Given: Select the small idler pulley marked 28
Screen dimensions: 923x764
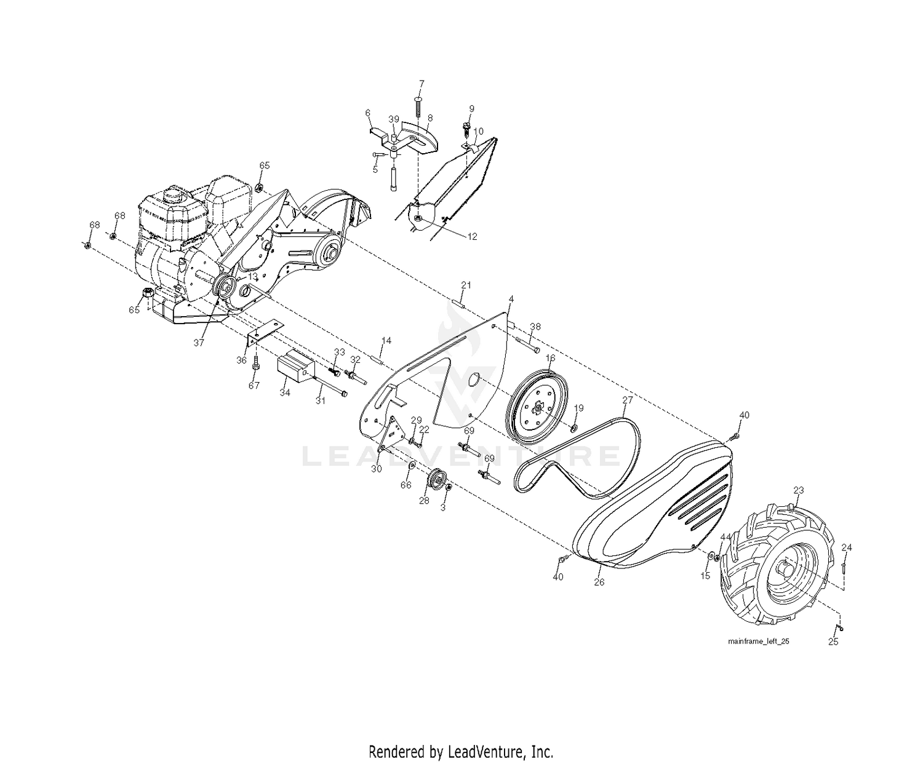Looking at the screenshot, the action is (x=437, y=479).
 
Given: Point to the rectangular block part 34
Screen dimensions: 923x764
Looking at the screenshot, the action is (x=295, y=365).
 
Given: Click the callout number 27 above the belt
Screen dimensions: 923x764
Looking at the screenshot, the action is (x=627, y=400).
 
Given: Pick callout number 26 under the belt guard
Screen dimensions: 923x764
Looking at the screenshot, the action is (x=599, y=583).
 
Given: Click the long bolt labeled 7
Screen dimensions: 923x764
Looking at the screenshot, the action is (x=417, y=108).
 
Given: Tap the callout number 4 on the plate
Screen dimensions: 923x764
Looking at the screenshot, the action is (x=511, y=299).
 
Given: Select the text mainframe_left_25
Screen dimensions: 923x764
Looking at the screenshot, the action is (x=759, y=641).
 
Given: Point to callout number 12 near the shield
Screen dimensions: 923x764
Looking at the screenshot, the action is (x=472, y=237).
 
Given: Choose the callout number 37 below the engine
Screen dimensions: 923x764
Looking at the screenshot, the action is (x=199, y=343).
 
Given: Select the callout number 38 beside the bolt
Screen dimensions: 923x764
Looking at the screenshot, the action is (x=535, y=327).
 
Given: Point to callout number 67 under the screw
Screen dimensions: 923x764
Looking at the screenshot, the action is (x=254, y=385).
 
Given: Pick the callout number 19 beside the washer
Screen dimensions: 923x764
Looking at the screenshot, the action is (x=578, y=408).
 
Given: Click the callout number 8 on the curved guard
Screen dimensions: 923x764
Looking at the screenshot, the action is (x=430, y=118).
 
